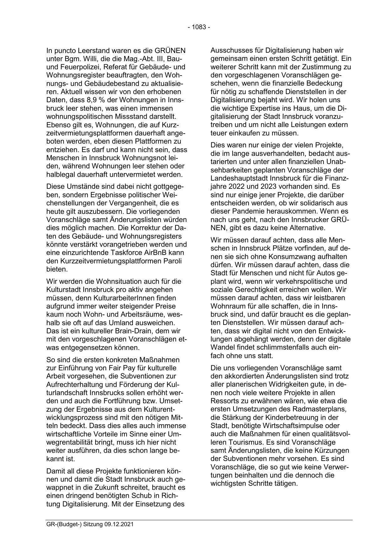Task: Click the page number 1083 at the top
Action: pos(199,27)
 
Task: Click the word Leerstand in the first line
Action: pos(91,50)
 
